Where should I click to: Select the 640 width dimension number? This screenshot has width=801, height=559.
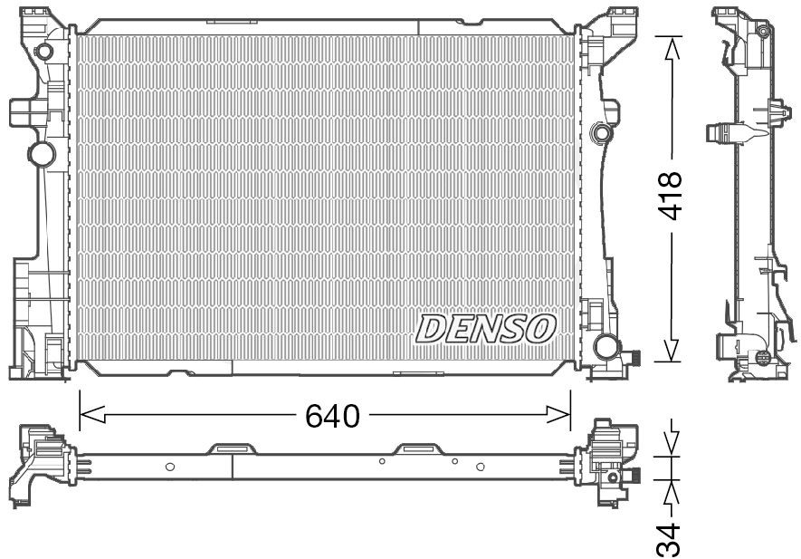[332, 416]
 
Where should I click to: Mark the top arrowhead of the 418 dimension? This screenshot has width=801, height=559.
[671, 50]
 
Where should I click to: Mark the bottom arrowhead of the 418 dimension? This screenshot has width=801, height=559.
[671, 349]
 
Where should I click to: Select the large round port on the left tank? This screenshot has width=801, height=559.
[42, 152]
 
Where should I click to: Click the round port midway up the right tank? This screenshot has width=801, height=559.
[598, 134]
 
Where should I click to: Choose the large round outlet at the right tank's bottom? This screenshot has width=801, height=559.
[606, 346]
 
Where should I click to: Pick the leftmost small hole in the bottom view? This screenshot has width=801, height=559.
[170, 467]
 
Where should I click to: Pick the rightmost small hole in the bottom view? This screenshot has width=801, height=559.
[480, 467]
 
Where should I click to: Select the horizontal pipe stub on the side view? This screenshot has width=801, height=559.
[721, 135]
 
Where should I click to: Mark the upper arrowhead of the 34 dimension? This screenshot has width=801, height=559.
[671, 443]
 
